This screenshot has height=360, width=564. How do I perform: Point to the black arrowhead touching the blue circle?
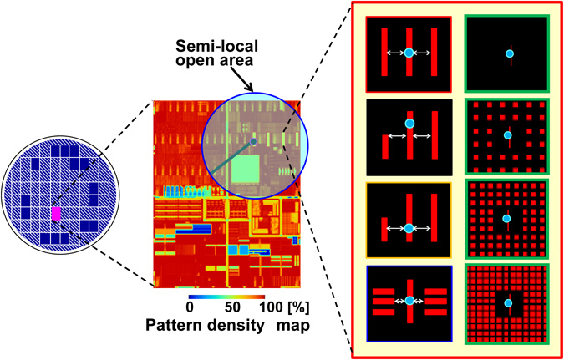coord(252,86)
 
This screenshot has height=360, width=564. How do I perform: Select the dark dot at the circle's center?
coord(253,130)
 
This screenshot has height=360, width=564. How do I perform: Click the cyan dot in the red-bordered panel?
coord(409,53)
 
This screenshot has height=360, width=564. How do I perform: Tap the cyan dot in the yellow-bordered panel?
coord(409,228)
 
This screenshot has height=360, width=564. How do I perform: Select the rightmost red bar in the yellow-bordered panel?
coord(432,221)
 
